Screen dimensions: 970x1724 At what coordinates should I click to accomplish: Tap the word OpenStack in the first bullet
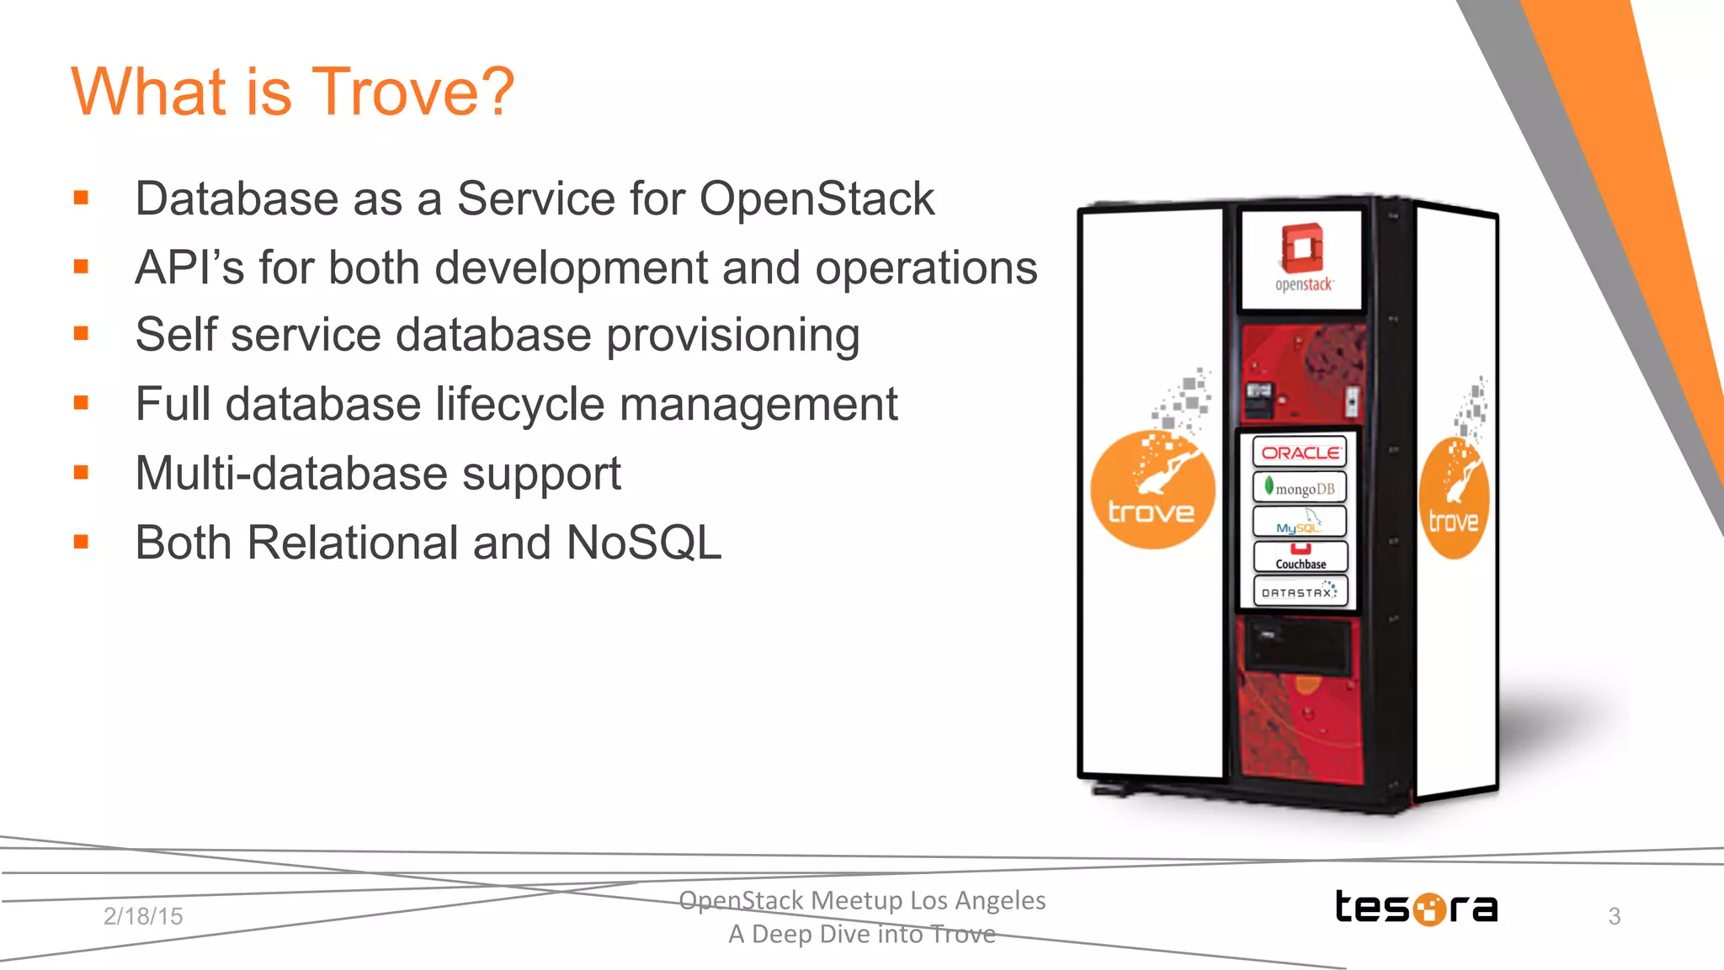pos(816,199)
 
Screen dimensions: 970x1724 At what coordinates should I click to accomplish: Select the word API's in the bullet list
pos(189,268)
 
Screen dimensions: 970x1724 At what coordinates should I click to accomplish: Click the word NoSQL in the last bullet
pos(643,543)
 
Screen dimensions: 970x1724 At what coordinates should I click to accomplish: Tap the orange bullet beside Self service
pos(81,334)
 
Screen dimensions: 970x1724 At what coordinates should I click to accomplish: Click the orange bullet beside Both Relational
pos(81,542)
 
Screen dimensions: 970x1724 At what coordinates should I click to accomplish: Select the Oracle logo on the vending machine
pos(1300,453)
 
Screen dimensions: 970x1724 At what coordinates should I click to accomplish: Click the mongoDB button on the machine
pos(1300,488)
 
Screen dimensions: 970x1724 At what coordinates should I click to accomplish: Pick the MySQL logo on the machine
pos(1300,522)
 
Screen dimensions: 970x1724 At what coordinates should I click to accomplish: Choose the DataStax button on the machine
pos(1300,591)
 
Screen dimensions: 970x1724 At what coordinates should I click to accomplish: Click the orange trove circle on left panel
pos(1152,490)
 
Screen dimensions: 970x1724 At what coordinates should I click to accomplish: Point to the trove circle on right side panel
pos(1454,499)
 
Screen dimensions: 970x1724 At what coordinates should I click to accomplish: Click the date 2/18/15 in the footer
pos(143,916)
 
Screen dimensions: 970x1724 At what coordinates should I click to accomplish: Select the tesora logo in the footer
pos(1416,908)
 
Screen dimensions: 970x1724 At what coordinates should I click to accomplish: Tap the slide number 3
pos(1614,916)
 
